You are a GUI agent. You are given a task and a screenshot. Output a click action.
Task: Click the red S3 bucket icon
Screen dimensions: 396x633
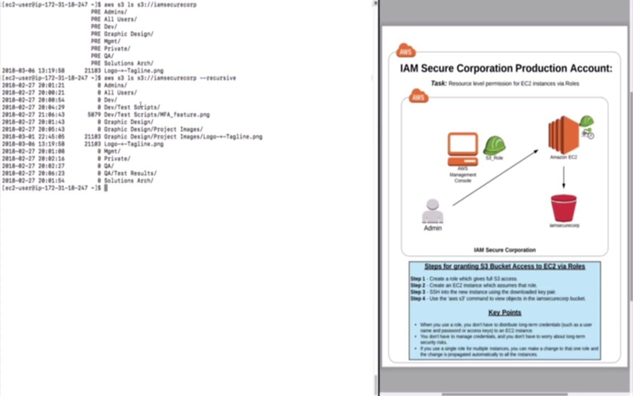[x=564, y=208]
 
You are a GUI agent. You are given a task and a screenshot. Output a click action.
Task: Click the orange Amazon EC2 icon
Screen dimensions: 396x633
[x=564, y=135]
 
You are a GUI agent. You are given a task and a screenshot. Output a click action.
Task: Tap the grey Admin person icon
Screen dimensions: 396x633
[x=432, y=211]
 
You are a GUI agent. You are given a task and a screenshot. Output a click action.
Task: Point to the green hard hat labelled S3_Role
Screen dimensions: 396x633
[x=494, y=146]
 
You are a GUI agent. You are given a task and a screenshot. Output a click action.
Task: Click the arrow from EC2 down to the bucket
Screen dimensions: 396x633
[x=564, y=177]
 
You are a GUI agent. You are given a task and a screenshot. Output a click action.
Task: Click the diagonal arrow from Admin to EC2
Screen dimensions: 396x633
[x=495, y=178]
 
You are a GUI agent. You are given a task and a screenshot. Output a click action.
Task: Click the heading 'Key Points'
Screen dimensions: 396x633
[x=504, y=312]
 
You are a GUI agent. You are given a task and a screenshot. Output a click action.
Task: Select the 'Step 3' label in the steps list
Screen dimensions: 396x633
[x=418, y=292]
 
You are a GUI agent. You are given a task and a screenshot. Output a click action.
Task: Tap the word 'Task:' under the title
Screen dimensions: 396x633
[x=438, y=84]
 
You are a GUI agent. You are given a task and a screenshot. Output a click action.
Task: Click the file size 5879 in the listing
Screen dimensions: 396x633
[x=94, y=115]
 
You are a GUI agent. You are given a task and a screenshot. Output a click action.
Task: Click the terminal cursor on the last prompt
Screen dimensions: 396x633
[x=105, y=188]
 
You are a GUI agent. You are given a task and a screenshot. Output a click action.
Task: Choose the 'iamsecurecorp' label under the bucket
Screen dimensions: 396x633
[x=564, y=226]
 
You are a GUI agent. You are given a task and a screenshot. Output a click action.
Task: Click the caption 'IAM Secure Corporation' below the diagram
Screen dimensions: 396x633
[x=504, y=250]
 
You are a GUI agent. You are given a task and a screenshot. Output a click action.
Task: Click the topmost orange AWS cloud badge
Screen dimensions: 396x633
[x=406, y=51]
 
